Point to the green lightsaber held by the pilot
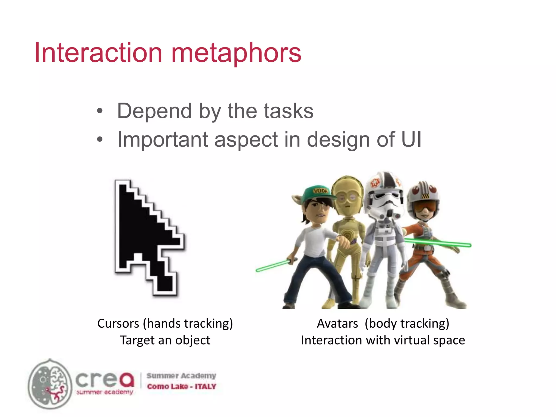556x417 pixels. click(440, 242)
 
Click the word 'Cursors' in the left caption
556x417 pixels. click(118, 324)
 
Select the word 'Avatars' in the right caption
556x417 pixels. click(337, 324)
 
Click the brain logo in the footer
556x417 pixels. click(50, 384)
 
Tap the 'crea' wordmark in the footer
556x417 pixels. click(105, 379)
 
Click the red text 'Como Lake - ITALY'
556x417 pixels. click(181, 386)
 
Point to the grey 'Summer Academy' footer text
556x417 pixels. click(181, 376)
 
